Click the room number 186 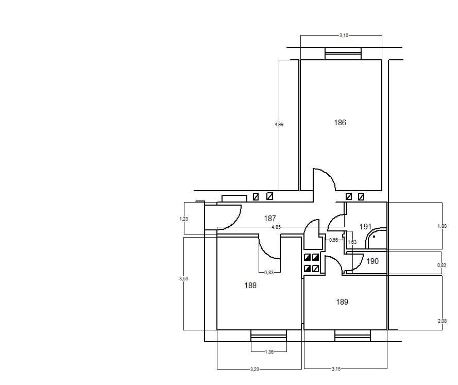point(340,123)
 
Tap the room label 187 point(270,218)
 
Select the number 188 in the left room point(250,286)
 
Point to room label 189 point(342,302)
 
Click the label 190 point(372,261)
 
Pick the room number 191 point(365,227)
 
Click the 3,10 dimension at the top point(344,36)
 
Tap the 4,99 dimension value point(279,124)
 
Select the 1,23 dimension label point(184,219)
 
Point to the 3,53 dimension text point(184,279)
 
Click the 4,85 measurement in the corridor point(276,227)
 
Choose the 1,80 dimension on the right point(442,226)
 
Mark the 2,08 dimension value point(442,321)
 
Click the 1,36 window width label point(269,351)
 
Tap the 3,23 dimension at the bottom point(255,369)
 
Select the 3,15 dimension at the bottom point(336,369)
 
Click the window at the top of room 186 point(343,54)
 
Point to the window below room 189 point(352,336)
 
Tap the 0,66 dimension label point(333,240)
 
